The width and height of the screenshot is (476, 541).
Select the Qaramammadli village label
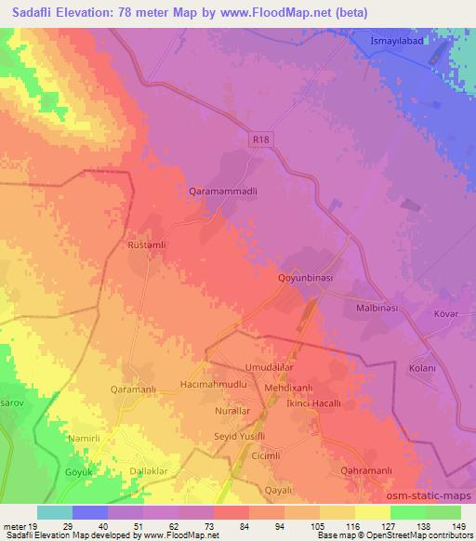point(217,189)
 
